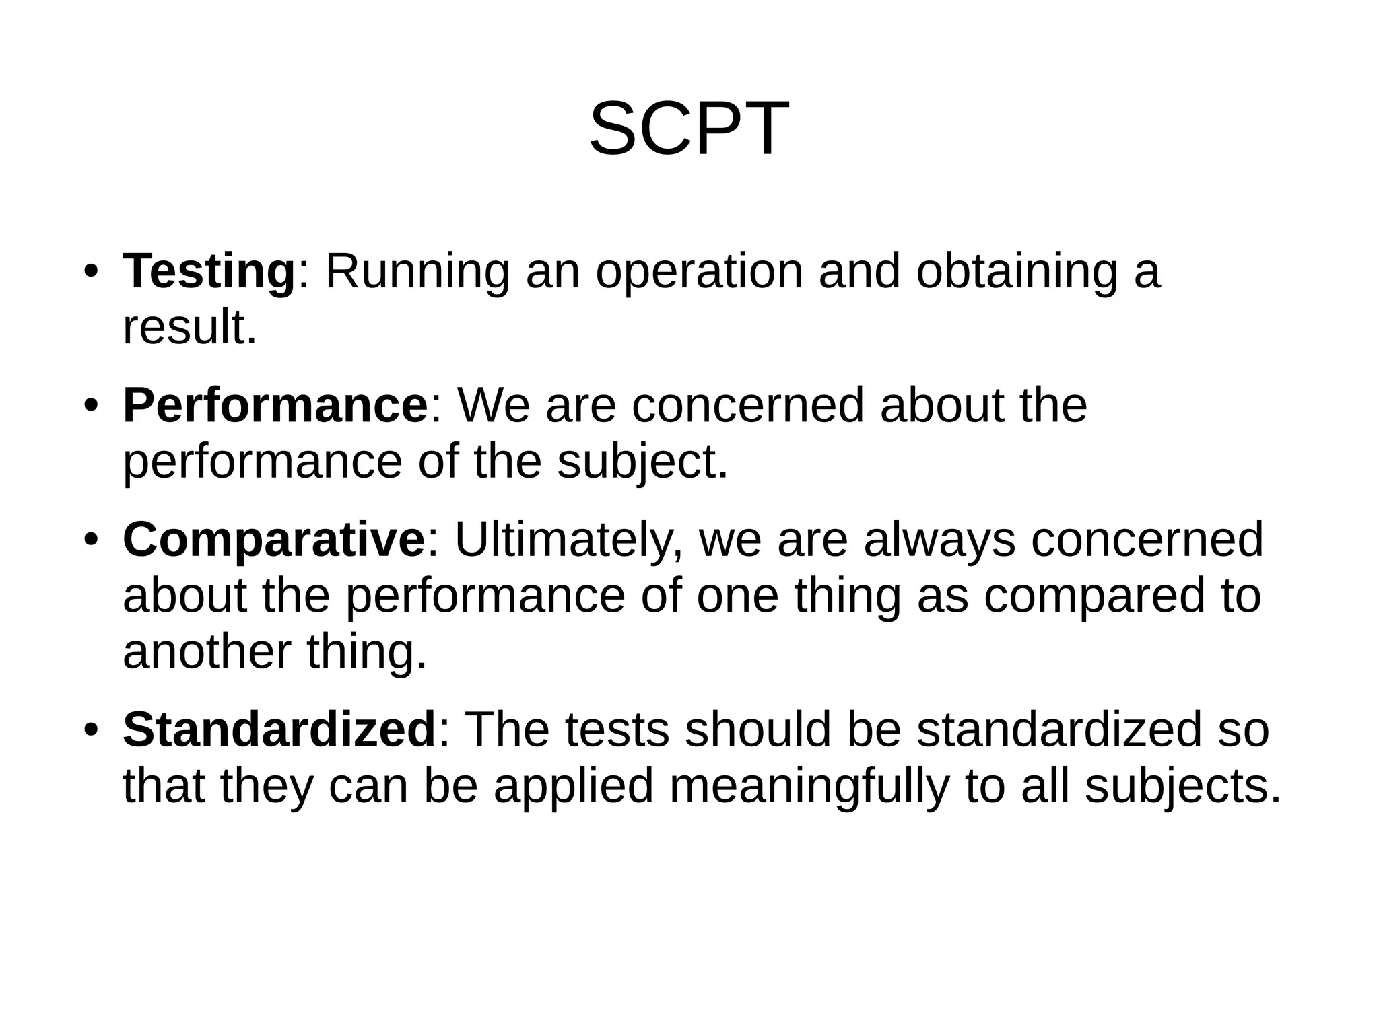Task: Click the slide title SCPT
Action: [x=689, y=128]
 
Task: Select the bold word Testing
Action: [x=209, y=271]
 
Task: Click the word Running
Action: [x=417, y=271]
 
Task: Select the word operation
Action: [x=700, y=273]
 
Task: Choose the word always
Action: [x=939, y=540]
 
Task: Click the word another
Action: [x=207, y=652]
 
